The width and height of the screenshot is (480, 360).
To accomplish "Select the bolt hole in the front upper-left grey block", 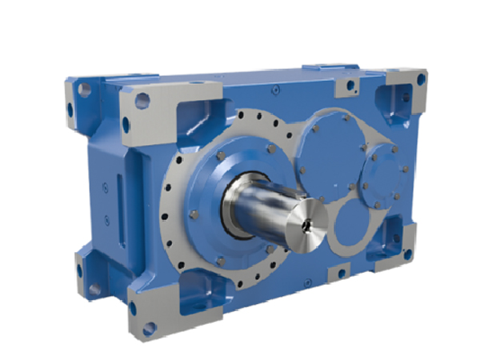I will pyautogui.click(x=142, y=101).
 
